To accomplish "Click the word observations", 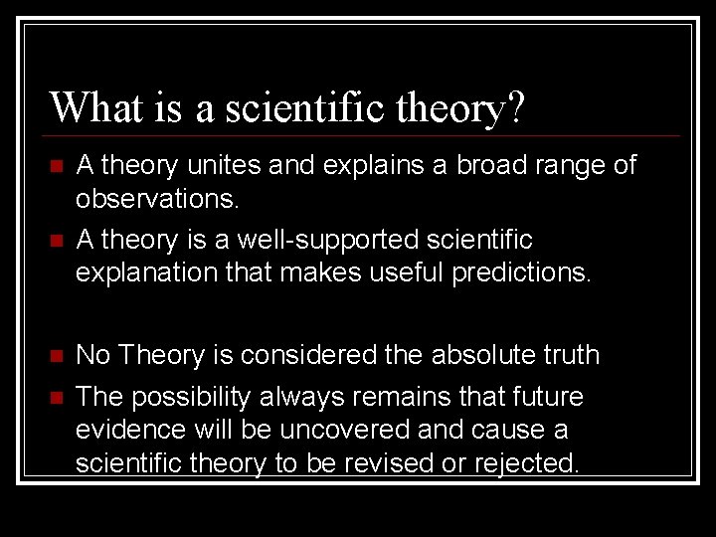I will point(158,200).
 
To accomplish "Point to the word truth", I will point(570,355).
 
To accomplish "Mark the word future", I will point(546,397).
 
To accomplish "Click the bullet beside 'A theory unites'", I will point(58,166).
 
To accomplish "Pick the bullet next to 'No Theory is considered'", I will point(58,356).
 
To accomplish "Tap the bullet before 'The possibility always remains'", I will point(58,398).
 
